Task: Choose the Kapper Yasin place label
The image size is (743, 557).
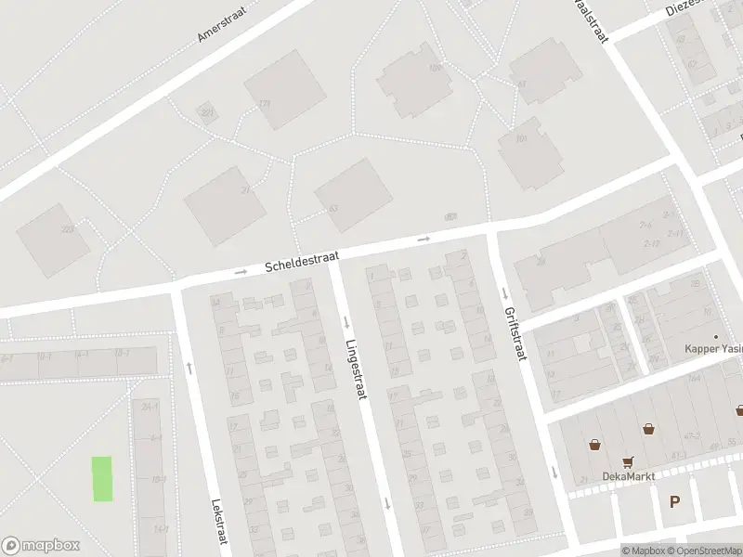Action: point(713,349)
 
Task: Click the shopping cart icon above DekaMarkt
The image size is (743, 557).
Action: point(629,461)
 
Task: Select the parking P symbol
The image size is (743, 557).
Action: point(675,501)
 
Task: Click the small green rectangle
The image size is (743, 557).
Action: point(102,479)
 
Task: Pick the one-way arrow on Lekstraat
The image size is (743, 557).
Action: point(189,369)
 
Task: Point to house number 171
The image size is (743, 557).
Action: point(265,103)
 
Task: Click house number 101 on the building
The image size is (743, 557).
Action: point(521,139)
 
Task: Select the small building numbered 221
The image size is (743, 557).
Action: point(206,113)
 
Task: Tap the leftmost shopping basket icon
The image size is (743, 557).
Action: point(593,444)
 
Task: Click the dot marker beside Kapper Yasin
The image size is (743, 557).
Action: point(715,337)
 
